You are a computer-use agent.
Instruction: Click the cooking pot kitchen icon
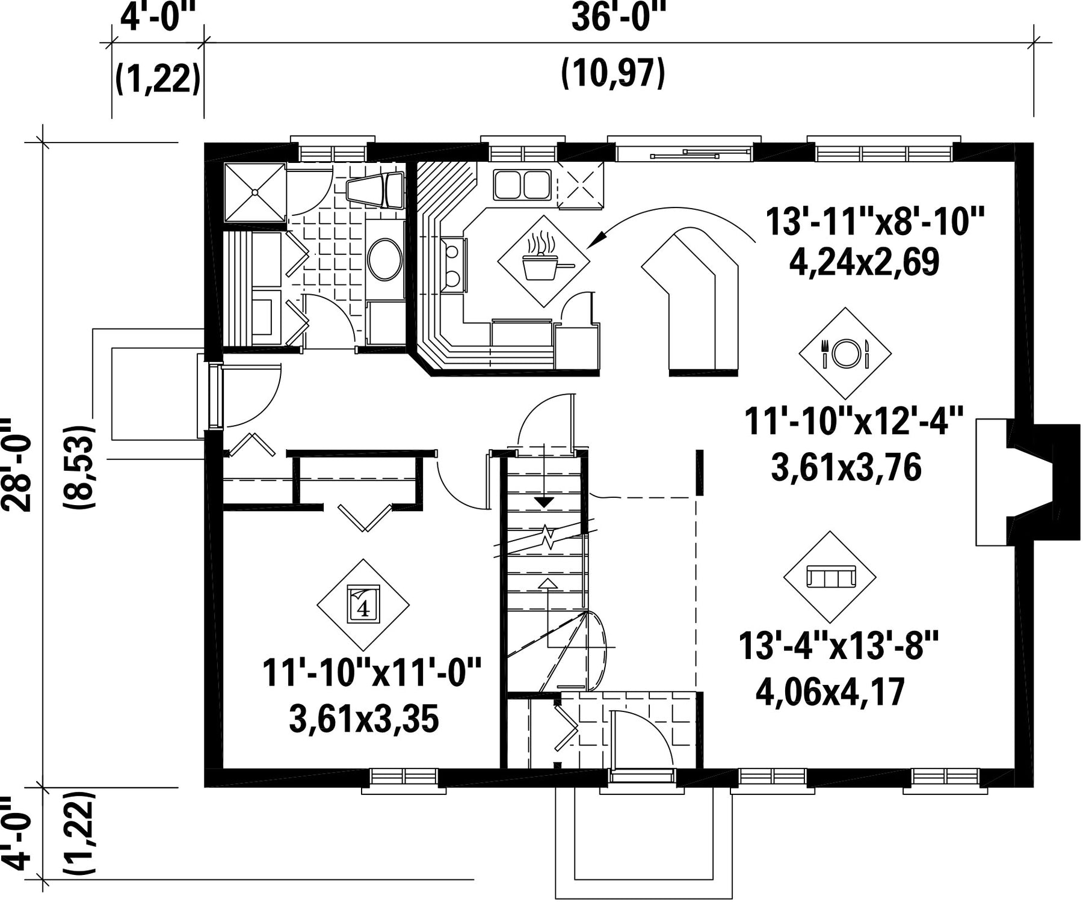pyautogui.click(x=543, y=261)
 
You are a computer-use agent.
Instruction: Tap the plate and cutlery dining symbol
pyautogui.click(x=845, y=354)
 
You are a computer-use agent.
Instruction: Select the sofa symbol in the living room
pyautogui.click(x=830, y=577)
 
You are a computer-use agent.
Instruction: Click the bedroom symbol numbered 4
pyautogui.click(x=363, y=606)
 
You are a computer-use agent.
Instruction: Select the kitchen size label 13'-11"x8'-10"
pyautogui.click(x=874, y=222)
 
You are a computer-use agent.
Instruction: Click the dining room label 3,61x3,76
pyautogui.click(x=846, y=467)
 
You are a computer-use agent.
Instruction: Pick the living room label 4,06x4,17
pyautogui.click(x=830, y=692)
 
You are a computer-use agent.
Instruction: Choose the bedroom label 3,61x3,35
pyautogui.click(x=364, y=719)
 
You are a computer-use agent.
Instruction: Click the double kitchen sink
pyautogui.click(x=522, y=184)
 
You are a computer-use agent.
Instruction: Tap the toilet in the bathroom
pyautogui.click(x=377, y=190)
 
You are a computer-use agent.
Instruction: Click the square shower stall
pyautogui.click(x=255, y=192)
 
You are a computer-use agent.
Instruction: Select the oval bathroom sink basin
pyautogui.click(x=385, y=260)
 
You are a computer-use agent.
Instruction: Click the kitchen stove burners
pyautogui.click(x=453, y=265)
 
